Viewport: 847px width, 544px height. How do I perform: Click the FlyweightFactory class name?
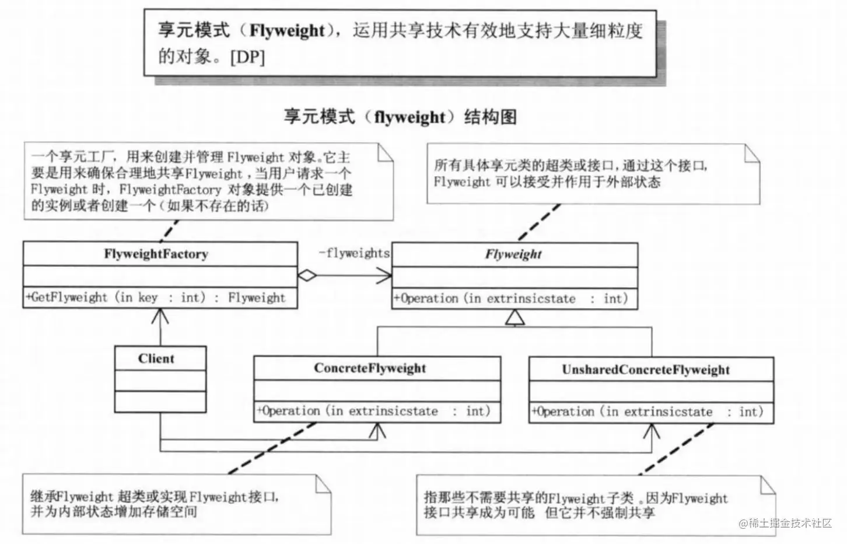(156, 254)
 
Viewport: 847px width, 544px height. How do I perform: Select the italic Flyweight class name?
(513, 254)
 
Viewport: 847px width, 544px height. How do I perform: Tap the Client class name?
(156, 358)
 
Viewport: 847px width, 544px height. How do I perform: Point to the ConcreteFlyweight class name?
(370, 368)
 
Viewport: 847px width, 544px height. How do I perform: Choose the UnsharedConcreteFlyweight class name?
(646, 369)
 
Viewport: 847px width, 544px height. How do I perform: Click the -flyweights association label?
(354, 253)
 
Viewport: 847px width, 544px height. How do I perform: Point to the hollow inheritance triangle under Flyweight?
(515, 318)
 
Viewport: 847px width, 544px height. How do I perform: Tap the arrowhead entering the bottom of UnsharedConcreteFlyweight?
(651, 431)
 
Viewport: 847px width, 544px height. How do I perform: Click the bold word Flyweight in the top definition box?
(286, 30)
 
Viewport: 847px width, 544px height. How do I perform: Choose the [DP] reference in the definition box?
(247, 57)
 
